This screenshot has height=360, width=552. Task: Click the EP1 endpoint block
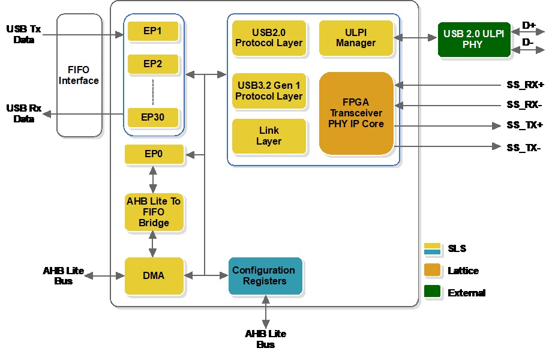(x=153, y=31)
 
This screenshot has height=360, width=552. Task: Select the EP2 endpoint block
(x=153, y=64)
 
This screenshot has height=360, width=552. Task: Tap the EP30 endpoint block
(x=153, y=117)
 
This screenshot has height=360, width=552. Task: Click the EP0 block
(x=154, y=155)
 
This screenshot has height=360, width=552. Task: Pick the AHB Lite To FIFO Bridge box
(x=154, y=212)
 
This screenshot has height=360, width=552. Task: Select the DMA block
(x=154, y=276)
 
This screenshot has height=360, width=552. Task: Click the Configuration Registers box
(x=264, y=276)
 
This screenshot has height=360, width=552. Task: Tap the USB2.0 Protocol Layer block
(x=269, y=38)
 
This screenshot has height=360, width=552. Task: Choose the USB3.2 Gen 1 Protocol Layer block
(x=269, y=91)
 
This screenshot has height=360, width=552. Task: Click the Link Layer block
(x=269, y=136)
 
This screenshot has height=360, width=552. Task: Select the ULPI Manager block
(x=356, y=38)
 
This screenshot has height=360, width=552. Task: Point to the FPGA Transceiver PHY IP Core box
(x=356, y=113)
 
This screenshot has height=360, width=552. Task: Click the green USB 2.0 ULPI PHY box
(x=474, y=40)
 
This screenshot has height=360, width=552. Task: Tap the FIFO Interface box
(x=79, y=76)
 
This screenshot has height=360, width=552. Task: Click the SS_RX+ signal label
(x=524, y=85)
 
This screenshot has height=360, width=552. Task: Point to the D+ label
(x=528, y=25)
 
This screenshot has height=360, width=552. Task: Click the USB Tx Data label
(x=23, y=34)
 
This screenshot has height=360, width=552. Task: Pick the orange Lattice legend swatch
(x=432, y=271)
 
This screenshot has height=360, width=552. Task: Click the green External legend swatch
(x=432, y=292)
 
